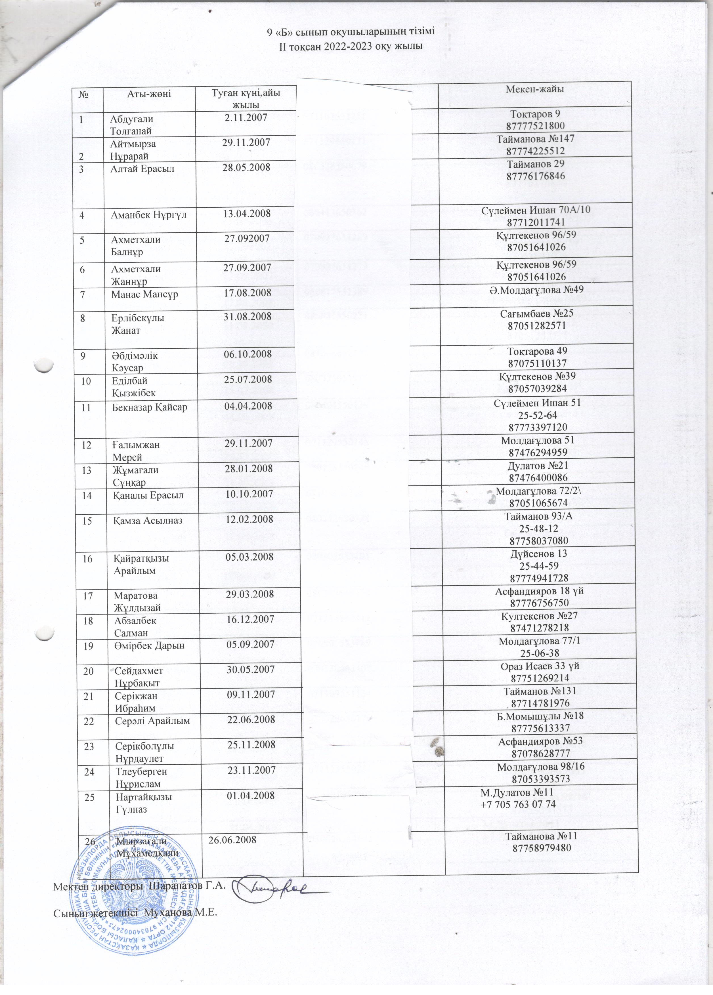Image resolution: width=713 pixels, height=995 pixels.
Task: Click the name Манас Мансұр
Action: tap(144, 293)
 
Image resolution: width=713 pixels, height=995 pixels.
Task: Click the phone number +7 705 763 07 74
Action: tap(518, 804)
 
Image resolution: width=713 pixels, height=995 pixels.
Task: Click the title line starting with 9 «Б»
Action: tap(351, 33)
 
